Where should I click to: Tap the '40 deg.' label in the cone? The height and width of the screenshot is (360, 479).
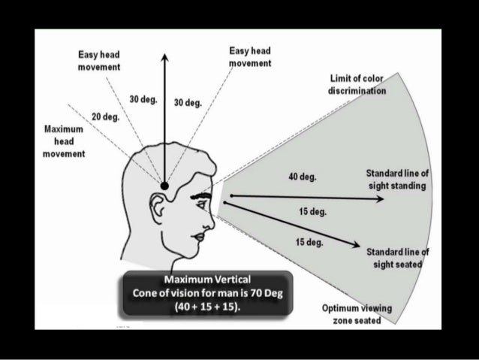coord(302,178)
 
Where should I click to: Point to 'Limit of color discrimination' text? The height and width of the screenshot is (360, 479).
coord(357,84)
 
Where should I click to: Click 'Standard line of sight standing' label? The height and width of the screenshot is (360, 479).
coord(397,179)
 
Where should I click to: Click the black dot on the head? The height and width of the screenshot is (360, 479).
coord(165,185)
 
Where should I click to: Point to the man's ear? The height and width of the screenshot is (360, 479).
coord(160,207)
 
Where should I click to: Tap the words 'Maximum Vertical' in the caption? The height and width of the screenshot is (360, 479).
coord(201,280)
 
